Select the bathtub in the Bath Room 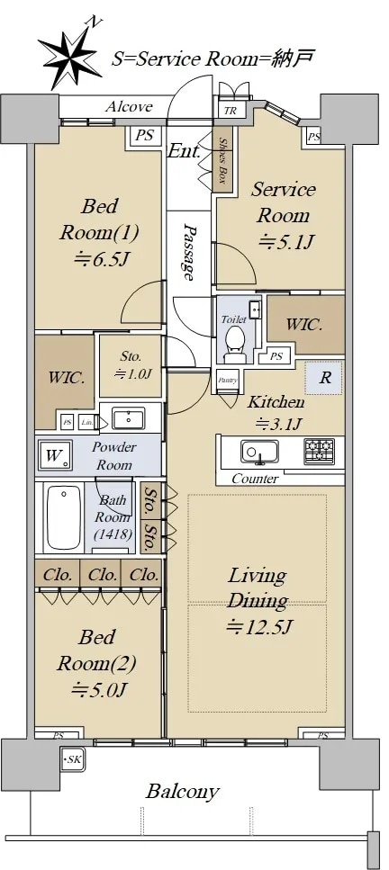(x=64, y=517)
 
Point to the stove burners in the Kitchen (x=319, y=451)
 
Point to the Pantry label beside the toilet (x=227, y=381)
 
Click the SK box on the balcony (x=70, y=761)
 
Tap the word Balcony (x=183, y=792)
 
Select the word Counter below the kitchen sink (x=255, y=479)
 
